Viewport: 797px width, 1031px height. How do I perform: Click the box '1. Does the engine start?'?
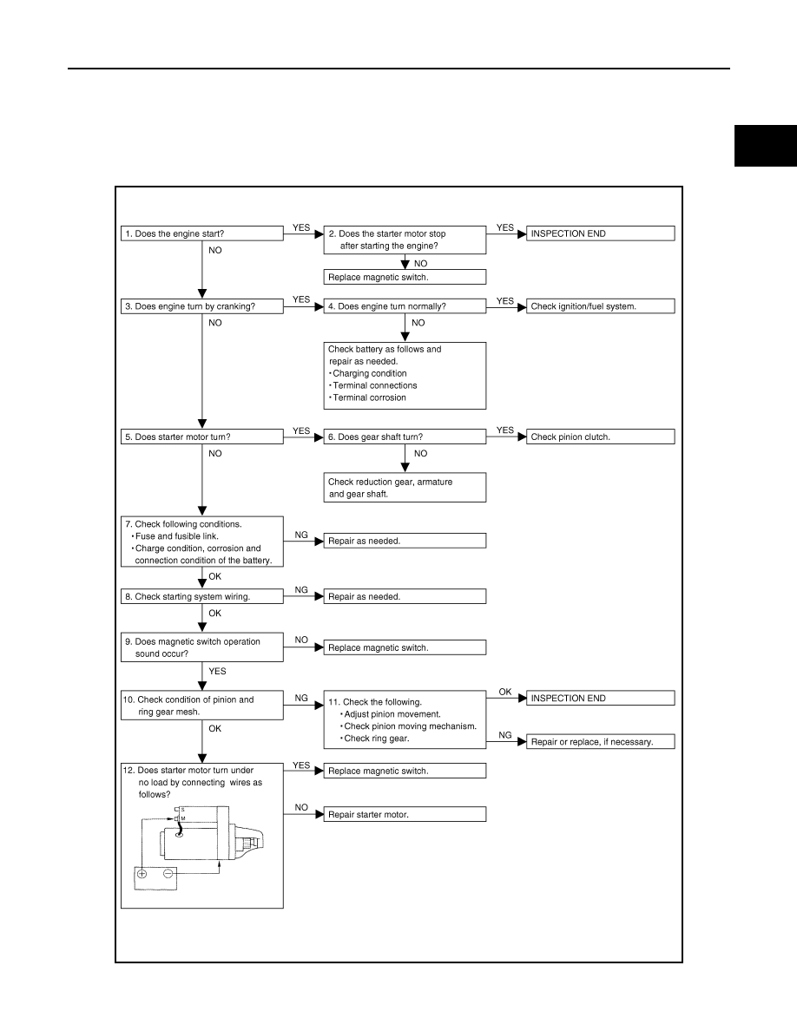tap(202, 233)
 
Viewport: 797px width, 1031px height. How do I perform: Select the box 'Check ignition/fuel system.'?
tap(601, 305)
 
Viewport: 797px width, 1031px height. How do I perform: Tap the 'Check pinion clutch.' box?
tap(601, 437)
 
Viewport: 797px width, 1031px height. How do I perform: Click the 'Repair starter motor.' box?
tap(405, 814)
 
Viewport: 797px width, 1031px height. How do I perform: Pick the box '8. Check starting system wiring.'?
tap(202, 596)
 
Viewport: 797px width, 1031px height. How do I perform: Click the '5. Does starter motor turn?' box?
tap(202, 437)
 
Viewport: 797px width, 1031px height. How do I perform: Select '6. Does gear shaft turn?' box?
tap(405, 437)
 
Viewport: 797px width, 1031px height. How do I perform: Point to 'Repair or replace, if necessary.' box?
tap(601, 742)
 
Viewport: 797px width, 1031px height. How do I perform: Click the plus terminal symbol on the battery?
tap(142, 874)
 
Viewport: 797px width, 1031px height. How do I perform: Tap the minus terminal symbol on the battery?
tap(168, 874)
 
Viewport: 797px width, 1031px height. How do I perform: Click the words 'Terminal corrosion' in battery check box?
tap(370, 397)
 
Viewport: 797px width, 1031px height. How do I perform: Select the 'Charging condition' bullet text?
tap(370, 373)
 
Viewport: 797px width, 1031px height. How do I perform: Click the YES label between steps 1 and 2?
tap(301, 227)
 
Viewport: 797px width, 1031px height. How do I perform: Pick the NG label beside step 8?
tap(301, 590)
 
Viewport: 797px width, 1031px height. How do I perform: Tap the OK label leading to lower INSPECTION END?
tap(505, 692)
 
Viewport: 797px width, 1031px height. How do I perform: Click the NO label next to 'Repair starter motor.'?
tap(301, 807)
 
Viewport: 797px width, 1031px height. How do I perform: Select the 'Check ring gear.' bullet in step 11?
tap(377, 739)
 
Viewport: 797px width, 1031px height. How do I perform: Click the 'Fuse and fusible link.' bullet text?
tap(177, 535)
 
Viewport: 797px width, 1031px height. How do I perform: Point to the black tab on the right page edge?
tap(766, 145)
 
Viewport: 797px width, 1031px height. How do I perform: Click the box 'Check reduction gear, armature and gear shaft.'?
tap(405, 487)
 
